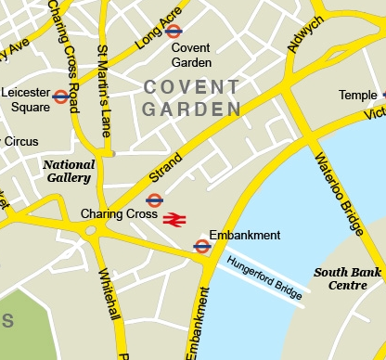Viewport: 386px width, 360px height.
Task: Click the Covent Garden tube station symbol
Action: pos(174,31)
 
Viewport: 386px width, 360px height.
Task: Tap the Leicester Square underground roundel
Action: pos(61,96)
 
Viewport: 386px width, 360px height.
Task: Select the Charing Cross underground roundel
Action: pos(154,199)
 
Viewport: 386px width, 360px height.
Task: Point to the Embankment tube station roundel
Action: pos(201,246)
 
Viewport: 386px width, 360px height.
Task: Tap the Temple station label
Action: pos(357,95)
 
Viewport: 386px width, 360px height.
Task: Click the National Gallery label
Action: pos(68,171)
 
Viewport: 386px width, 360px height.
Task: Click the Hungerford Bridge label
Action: pos(264,277)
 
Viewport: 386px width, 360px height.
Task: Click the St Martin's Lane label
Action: pos(104,91)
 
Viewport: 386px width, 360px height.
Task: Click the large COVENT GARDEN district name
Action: pos(191,97)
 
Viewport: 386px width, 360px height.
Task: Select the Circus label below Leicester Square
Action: pos(21,142)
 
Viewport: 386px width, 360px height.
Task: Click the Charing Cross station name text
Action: pos(119,213)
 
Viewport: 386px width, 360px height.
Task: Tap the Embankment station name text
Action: pos(245,236)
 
